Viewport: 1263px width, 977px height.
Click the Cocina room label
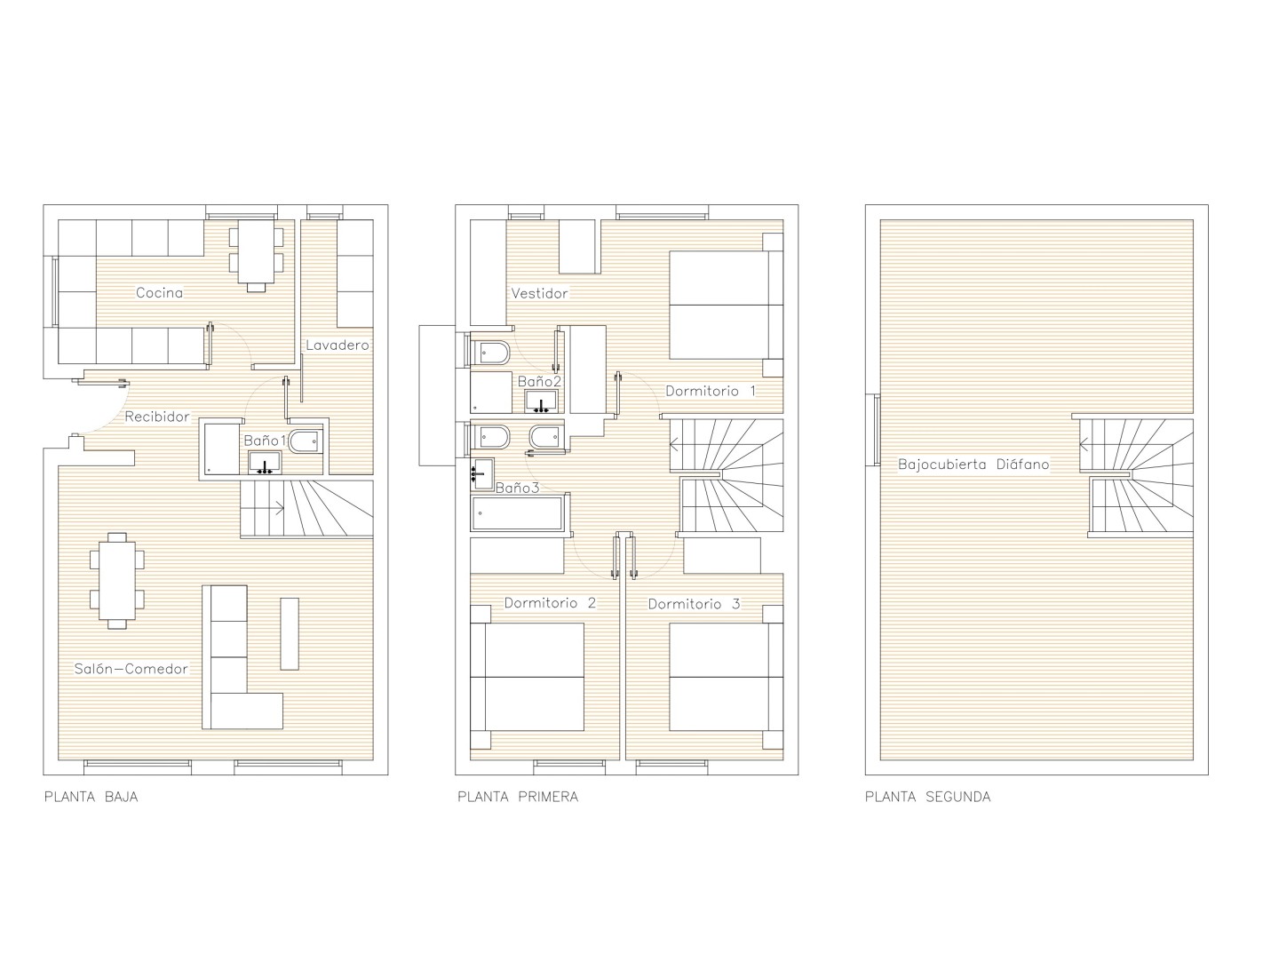coord(159,292)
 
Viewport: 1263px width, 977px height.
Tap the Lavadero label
coord(338,346)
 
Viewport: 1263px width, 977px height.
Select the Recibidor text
coord(157,417)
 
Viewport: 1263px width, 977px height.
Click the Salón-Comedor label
coord(131,669)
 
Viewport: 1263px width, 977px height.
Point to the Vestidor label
coord(539,293)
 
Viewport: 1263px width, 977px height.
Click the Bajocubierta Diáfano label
coord(973,465)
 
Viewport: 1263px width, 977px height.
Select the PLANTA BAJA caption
coord(91,797)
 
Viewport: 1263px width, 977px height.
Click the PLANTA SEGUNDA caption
coord(927,797)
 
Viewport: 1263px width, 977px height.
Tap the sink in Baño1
coord(265,464)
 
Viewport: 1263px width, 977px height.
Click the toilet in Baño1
coord(305,441)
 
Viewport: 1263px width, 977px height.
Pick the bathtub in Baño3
coord(517,512)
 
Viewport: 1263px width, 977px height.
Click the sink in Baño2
coord(541,402)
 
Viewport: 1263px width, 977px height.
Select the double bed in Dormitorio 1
coord(727,305)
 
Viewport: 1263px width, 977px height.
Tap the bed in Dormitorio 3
coord(727,677)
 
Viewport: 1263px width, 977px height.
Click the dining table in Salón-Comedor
coord(117,581)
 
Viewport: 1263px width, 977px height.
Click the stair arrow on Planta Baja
coord(278,509)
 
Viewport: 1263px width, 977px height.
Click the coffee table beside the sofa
coord(290,634)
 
